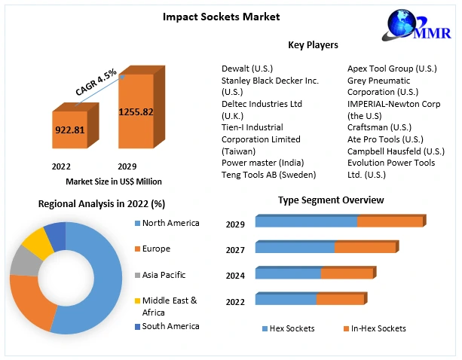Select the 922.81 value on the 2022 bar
69,130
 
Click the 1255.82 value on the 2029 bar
136,112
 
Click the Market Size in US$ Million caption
114,181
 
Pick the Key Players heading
313,45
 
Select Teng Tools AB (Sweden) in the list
268,174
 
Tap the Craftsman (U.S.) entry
379,127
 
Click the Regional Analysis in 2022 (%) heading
102,204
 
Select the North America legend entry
170,223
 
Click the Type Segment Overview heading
331,200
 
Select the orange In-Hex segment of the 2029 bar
390,221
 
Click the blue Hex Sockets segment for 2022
286,300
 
